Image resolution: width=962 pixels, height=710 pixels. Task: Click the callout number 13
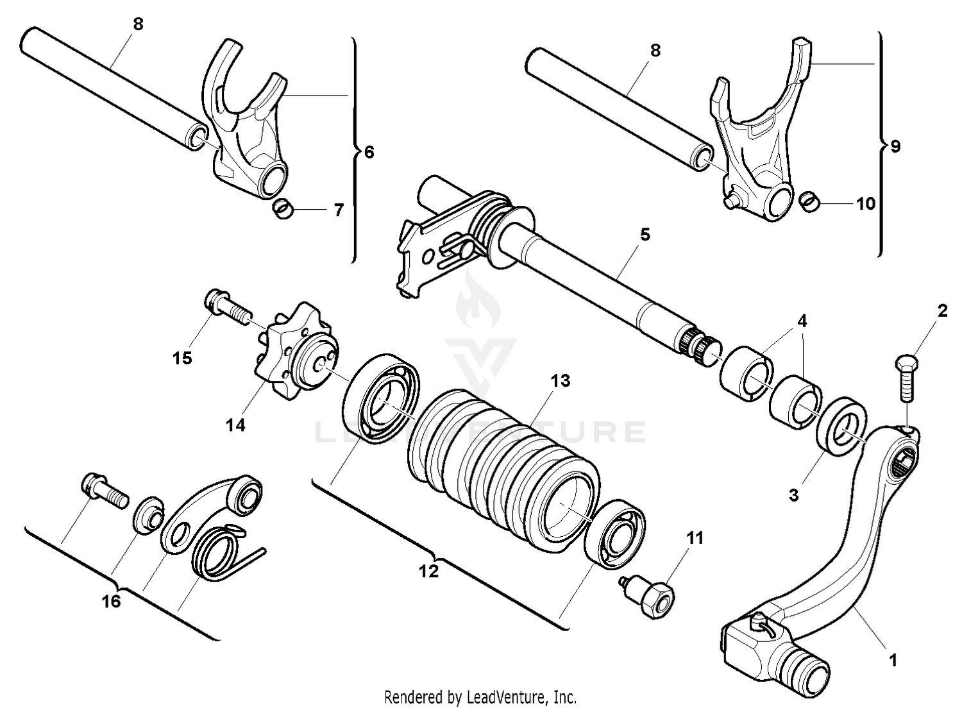point(560,381)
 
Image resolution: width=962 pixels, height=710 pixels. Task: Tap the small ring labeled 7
point(283,209)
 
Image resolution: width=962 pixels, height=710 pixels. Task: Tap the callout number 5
point(645,235)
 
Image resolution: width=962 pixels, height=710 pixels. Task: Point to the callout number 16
point(112,602)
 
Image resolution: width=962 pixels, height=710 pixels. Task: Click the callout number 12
point(428,570)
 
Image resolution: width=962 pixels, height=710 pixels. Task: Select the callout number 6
point(369,153)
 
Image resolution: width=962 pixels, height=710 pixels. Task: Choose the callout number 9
point(895,147)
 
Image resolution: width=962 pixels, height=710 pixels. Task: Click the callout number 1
point(893,660)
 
